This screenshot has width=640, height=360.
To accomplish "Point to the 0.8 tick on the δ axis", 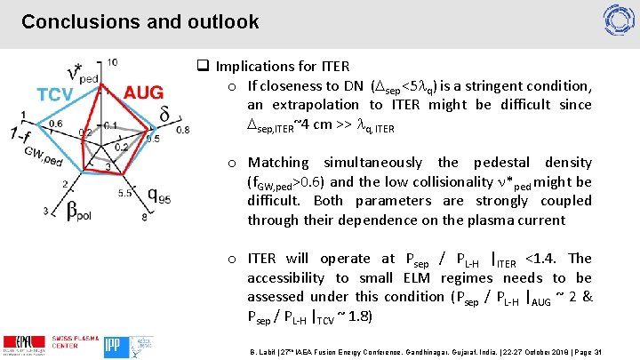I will click(x=182, y=130).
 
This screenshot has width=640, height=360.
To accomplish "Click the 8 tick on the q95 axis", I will click(x=142, y=217).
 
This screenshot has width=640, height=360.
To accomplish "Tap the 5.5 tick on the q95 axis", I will click(x=124, y=192).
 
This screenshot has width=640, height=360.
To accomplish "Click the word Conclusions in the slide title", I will click(x=71, y=21).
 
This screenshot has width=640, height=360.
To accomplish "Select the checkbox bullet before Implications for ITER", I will click(x=202, y=67).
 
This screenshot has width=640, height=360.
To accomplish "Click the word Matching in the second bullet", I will click(x=278, y=163).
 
